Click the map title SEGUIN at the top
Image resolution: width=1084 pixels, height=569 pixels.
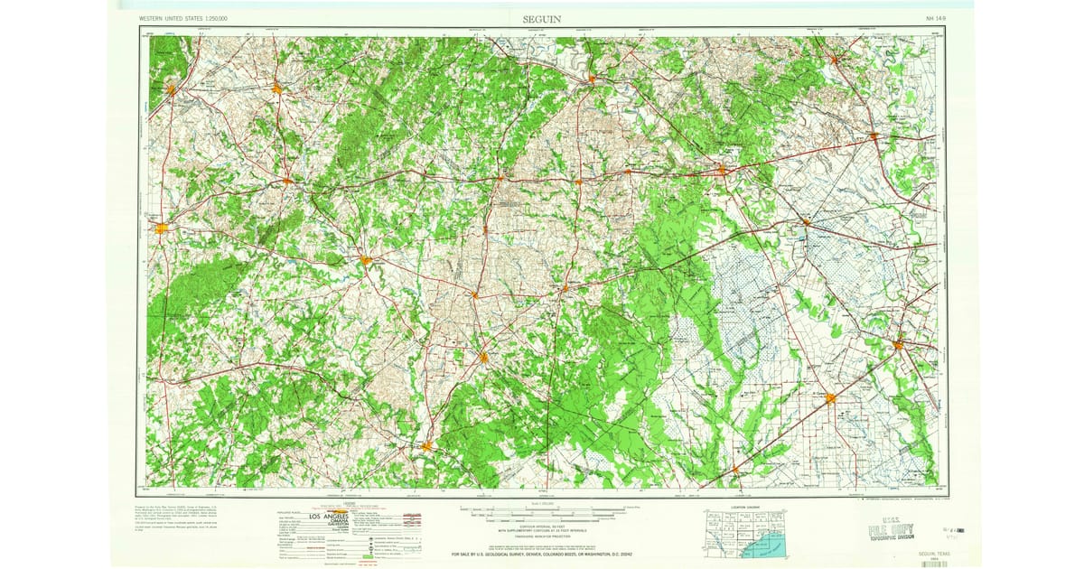coord(541,18)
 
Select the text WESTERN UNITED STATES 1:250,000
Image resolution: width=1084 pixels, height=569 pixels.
coord(184,18)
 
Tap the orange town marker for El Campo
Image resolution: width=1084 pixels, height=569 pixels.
coord(829,397)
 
